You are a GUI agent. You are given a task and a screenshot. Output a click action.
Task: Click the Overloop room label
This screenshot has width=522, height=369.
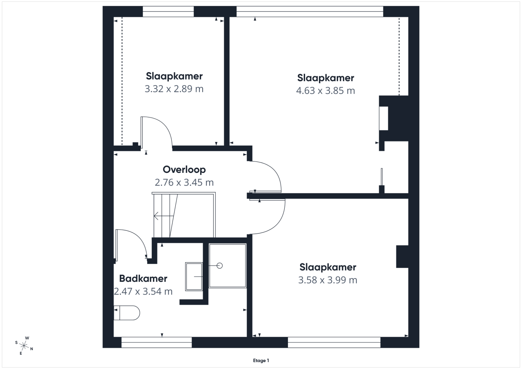pos(184,170)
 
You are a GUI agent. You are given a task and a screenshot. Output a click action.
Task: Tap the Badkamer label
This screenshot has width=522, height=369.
pos(143,278)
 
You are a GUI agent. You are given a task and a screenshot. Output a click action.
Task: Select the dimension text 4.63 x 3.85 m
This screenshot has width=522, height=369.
pos(325,91)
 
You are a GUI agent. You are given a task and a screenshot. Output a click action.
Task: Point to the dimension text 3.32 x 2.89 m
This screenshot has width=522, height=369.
pos(174,89)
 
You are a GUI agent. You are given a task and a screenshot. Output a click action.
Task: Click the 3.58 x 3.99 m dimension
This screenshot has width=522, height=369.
pos(327,280)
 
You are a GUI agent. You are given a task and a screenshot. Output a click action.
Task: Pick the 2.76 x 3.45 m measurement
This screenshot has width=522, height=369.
pos(184,182)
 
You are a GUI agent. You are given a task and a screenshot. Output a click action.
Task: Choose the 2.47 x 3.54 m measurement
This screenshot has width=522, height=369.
pos(143,292)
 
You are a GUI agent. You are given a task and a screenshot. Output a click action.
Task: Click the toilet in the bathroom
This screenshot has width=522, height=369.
pos(127,313)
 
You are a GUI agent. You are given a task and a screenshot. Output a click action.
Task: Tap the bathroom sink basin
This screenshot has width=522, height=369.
pos(194,276)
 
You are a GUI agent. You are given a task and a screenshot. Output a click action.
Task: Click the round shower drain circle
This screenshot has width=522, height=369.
pos(219,265)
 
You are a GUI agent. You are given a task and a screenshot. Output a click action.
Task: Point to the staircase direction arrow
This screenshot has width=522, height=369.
pos(164,216)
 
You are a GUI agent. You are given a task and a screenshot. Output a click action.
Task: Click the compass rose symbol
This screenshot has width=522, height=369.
pos(24,346)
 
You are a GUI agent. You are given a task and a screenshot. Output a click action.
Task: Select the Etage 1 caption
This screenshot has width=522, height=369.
pos(261,360)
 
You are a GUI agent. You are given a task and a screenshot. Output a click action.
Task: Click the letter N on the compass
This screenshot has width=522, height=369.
pos(32,349)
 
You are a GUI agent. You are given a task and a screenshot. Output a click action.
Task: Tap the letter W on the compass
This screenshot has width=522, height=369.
pos(27,338)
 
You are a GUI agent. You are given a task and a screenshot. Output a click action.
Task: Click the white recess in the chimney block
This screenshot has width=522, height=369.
pos(384,118)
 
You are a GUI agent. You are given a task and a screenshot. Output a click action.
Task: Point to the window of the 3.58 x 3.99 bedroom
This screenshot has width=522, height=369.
pos(334,342)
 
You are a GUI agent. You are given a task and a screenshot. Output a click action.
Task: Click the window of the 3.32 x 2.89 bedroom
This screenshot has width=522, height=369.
pos(168,12)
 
